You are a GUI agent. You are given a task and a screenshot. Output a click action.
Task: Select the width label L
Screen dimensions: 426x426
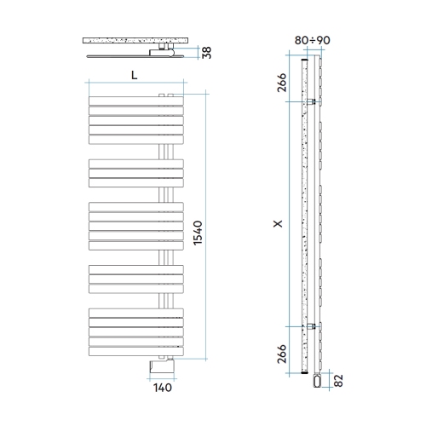[135, 75]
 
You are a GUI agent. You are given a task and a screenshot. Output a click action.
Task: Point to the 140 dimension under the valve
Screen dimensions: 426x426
[163, 387]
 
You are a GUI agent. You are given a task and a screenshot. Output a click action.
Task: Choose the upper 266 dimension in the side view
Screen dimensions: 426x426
[283, 83]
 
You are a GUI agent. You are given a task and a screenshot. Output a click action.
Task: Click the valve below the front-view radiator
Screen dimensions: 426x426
[162, 366]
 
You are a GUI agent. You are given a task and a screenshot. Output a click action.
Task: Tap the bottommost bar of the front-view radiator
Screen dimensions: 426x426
[135, 351]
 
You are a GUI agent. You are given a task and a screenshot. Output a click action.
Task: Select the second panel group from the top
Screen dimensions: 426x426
[135, 172]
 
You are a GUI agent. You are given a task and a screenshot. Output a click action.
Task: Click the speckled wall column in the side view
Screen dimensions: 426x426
[305, 213]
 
